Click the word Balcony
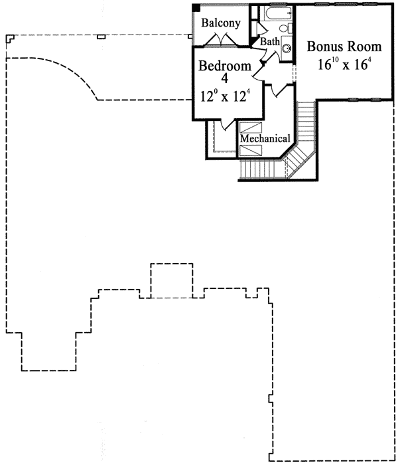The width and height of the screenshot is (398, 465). (221, 23)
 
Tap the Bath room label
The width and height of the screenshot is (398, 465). (270, 41)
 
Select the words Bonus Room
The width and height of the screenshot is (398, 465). (344, 46)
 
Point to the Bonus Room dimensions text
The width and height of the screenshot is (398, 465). (344, 64)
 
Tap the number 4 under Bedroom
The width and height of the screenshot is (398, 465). (225, 78)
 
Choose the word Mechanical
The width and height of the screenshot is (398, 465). (265, 138)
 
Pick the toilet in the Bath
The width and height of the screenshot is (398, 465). (285, 29)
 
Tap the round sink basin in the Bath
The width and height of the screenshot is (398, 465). (287, 48)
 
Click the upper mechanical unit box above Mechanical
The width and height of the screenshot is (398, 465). (251, 128)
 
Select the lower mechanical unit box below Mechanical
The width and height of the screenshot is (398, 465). (251, 150)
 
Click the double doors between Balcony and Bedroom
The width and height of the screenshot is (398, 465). (221, 40)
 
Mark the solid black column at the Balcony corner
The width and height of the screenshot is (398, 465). (196, 8)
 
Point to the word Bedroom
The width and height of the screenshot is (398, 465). (225, 66)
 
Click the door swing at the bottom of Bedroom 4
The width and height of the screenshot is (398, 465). (227, 125)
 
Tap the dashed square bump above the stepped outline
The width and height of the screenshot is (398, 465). (172, 280)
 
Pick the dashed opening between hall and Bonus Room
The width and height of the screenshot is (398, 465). (294, 73)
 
